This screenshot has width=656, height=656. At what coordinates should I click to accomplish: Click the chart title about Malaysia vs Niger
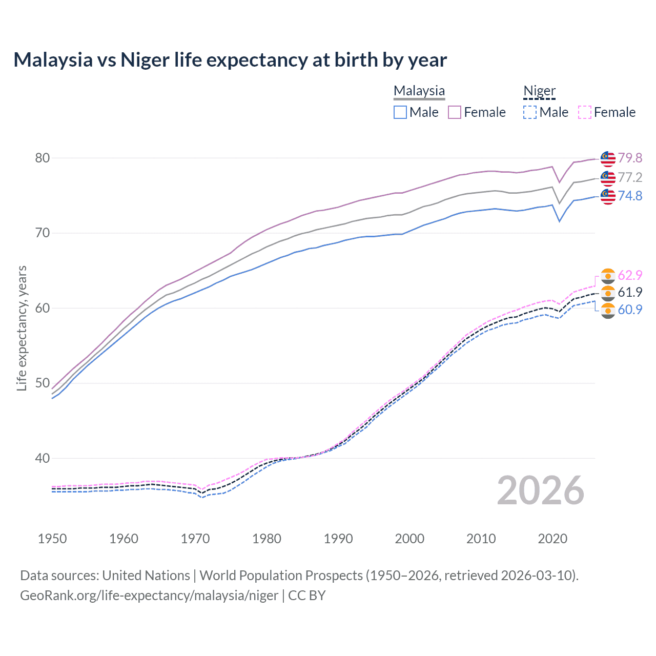point(230,60)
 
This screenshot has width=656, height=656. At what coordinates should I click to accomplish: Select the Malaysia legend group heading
point(419,91)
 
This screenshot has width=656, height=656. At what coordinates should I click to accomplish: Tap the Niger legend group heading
point(539,91)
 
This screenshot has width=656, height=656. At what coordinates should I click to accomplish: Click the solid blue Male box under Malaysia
point(400,112)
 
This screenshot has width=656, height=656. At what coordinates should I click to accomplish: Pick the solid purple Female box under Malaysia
point(455,112)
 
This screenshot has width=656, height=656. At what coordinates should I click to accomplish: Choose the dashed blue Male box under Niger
point(530,112)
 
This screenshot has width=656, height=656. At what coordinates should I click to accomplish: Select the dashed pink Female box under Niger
point(585,112)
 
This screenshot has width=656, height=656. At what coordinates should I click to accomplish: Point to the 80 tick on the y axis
point(43,158)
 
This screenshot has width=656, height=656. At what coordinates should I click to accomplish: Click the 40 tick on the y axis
point(43,458)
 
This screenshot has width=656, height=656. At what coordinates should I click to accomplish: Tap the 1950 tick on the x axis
point(52,539)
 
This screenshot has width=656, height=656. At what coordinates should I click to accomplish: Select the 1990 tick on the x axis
point(338,539)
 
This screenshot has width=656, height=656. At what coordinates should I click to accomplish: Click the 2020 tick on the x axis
point(552,539)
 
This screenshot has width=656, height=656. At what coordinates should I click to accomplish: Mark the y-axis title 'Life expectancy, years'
point(22,328)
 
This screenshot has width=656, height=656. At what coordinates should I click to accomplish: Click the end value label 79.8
point(630,158)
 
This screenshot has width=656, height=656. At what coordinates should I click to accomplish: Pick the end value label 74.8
point(630,196)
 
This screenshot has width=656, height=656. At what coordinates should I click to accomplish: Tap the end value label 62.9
point(630,275)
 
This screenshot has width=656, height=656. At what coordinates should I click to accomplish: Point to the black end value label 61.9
point(630,292)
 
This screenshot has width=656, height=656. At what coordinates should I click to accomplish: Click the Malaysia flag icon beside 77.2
point(608,178)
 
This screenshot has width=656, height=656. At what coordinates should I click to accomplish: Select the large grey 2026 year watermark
point(541,490)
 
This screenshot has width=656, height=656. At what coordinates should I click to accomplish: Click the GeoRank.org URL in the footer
point(149,596)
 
